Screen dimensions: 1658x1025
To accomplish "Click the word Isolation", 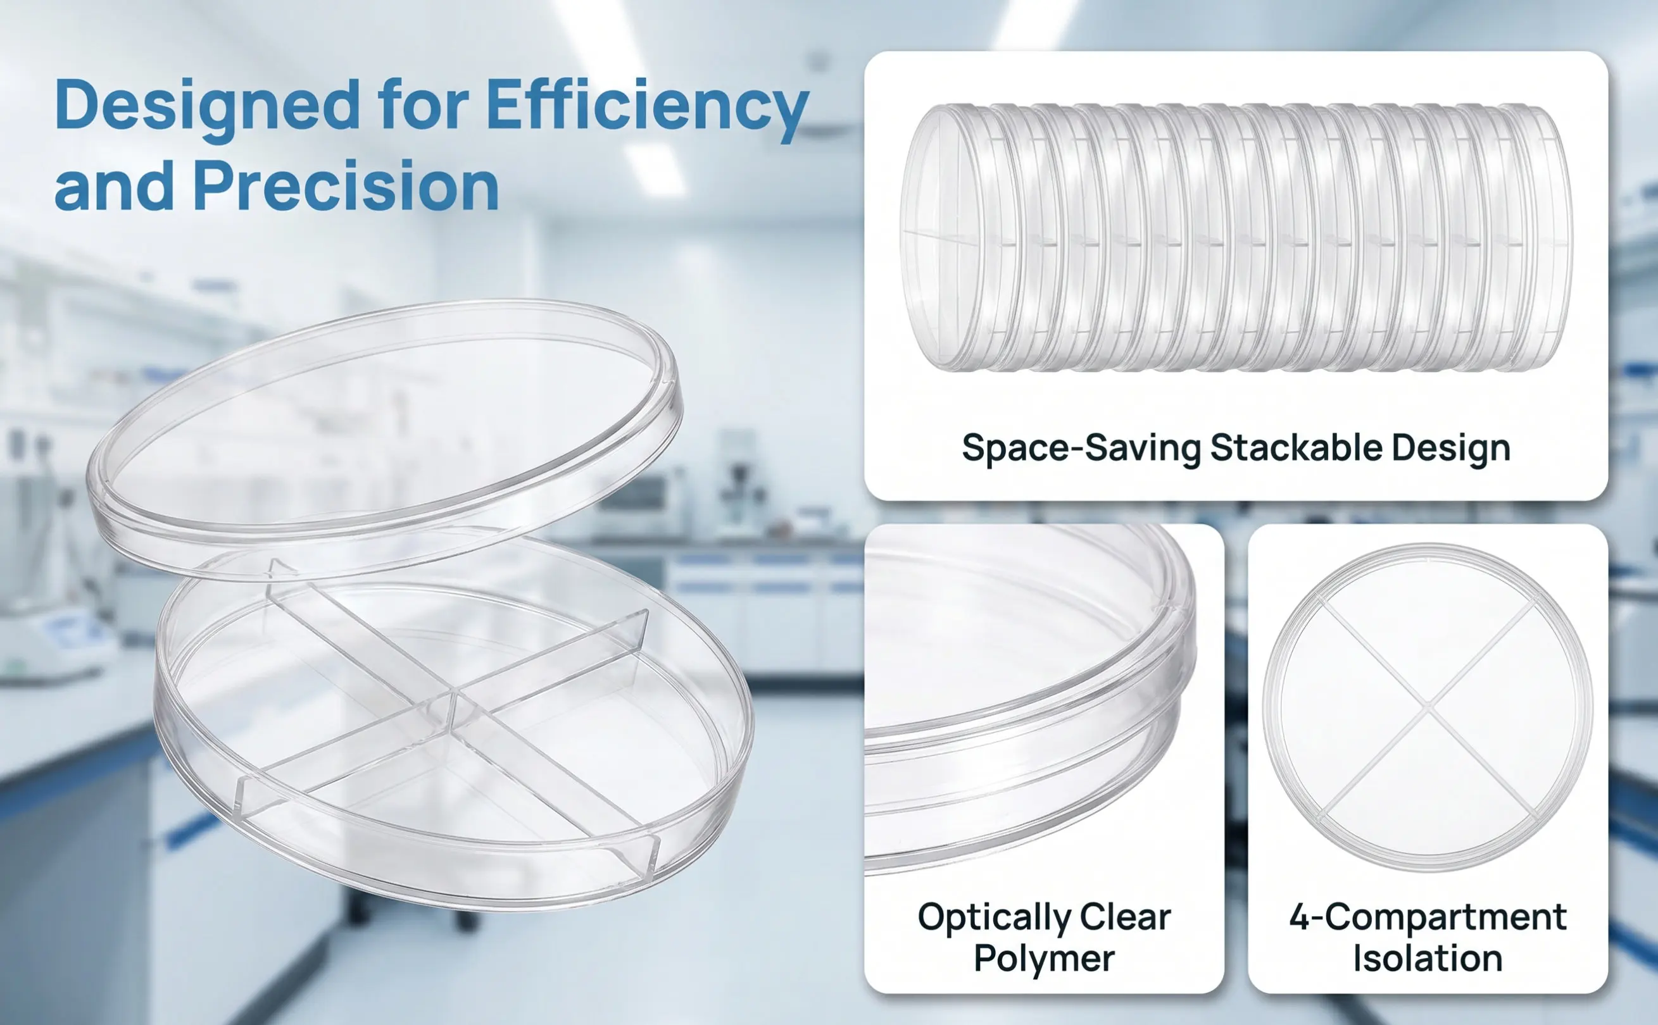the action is (1428, 959).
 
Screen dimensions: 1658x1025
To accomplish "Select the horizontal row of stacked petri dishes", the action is (1236, 237).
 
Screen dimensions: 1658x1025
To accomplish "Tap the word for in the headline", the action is (423, 105).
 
